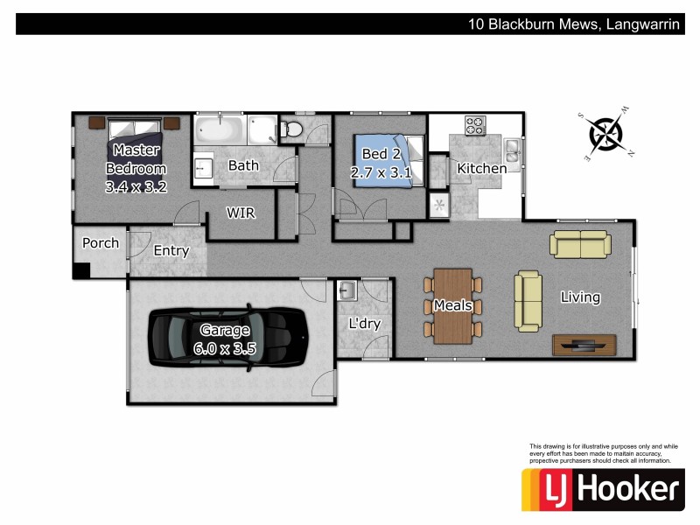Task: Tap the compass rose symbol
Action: coord(605,134)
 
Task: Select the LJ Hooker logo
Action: coord(602,489)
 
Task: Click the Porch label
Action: coord(101,243)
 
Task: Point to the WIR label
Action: coord(241,213)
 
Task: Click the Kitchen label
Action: coord(481,168)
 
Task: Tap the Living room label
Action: coord(580,297)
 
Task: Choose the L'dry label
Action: coord(365,324)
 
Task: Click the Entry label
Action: coord(171,251)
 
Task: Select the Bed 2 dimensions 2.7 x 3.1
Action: coord(381,173)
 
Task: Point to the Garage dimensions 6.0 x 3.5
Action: coord(224,347)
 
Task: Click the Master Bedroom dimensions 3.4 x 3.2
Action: coord(136,186)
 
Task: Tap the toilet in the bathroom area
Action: coord(292,129)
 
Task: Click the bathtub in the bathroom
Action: coord(220,131)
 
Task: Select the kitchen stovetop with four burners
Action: coord(475,126)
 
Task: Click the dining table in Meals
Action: coord(452,305)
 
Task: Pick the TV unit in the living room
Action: coord(578,345)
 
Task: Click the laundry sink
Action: coord(347,290)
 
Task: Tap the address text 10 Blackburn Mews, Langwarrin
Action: coord(573,24)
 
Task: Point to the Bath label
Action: coord(243,165)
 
